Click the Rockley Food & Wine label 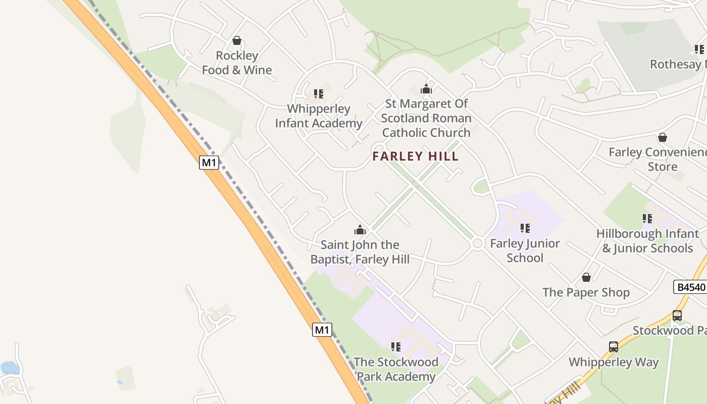[x=237, y=63]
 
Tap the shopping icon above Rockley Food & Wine [x=236, y=40]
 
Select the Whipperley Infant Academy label [x=318, y=116]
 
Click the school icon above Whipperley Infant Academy [x=318, y=94]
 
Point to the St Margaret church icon [x=426, y=89]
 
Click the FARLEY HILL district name [x=416, y=157]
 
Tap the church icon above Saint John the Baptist [x=360, y=230]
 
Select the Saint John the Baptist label [x=360, y=252]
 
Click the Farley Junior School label [x=525, y=250]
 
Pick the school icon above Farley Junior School [x=525, y=228]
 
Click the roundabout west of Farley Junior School [x=477, y=244]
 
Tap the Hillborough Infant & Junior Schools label [x=647, y=241]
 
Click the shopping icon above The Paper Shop [x=586, y=277]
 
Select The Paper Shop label [x=586, y=292]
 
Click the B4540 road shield [x=690, y=287]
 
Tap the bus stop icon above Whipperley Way [x=614, y=347]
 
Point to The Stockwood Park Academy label [x=396, y=369]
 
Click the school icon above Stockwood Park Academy [x=395, y=347]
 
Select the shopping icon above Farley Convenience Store [x=662, y=137]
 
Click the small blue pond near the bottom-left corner [x=10, y=368]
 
